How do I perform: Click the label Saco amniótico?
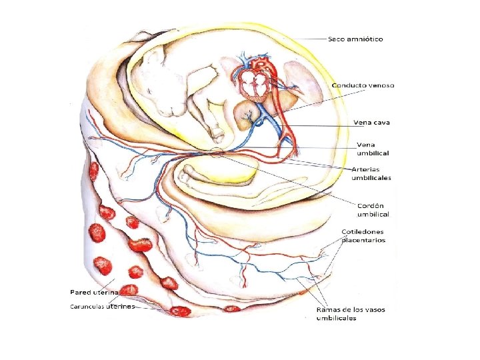[355, 39]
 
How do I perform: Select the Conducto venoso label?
[363, 85]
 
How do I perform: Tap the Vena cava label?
[372, 123]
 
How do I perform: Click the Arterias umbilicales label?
[371, 173]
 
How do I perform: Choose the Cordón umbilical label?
[373, 209]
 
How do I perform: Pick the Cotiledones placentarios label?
[363, 236]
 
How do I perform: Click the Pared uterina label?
[95, 292]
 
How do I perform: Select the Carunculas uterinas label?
[103, 307]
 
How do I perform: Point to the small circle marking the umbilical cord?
[217, 153]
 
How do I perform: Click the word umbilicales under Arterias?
[371, 178]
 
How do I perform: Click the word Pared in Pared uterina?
[83, 292]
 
